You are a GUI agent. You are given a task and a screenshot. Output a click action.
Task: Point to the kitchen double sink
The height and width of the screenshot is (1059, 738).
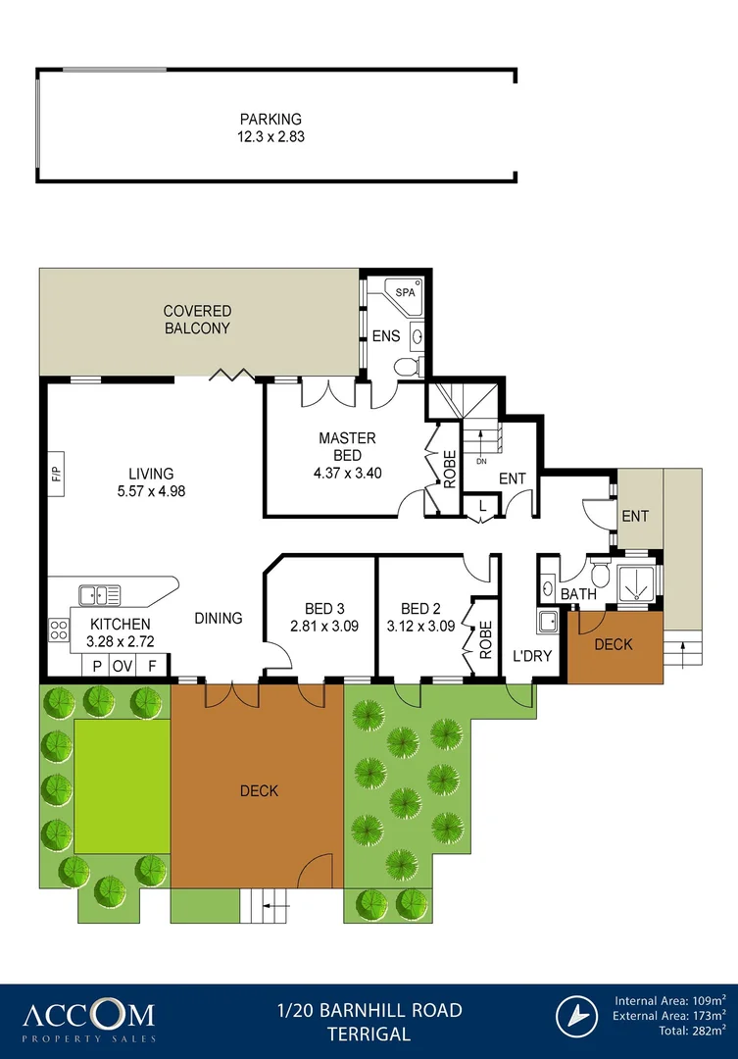pos(100,594)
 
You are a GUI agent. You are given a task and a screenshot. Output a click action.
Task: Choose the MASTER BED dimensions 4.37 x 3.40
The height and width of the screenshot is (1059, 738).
pos(346,472)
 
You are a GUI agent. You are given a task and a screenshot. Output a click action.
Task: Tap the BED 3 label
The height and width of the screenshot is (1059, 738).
pos(319,608)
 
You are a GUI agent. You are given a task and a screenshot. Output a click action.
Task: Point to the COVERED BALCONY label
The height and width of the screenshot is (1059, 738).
pos(196,320)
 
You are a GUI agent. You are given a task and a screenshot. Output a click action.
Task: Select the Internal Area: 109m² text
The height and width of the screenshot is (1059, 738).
pos(670,1000)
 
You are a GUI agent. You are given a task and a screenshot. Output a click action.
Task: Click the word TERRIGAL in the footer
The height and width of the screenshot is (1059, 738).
pos(369,1034)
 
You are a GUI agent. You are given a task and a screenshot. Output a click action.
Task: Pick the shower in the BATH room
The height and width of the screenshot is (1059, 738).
pos(641,582)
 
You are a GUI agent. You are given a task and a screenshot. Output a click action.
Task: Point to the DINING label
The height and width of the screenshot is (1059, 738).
pos(218,618)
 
